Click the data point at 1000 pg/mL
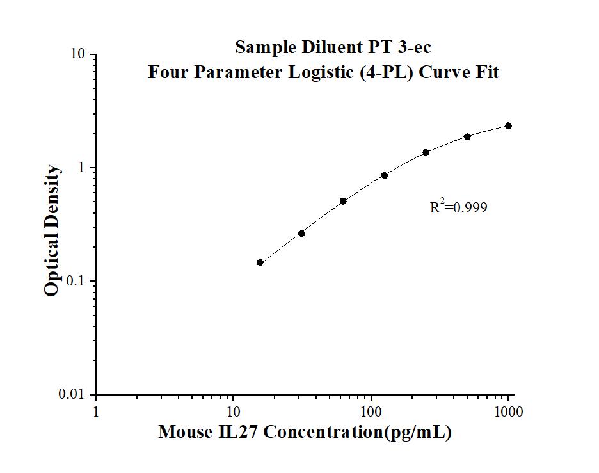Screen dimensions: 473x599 (508, 125)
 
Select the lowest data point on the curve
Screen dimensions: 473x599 (260, 262)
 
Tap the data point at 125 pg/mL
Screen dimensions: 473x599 (384, 175)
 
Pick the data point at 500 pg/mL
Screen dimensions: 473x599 (467, 136)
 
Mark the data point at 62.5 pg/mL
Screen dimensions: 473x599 (343, 201)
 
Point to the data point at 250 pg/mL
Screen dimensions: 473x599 (426, 152)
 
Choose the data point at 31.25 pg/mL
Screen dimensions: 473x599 (301, 234)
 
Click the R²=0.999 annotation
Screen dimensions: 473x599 (458, 207)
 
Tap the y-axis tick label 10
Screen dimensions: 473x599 (79, 54)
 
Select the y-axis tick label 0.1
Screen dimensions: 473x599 (76, 282)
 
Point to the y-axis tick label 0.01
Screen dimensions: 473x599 (73, 395)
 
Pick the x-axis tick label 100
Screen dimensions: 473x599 (371, 412)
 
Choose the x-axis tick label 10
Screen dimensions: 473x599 (233, 412)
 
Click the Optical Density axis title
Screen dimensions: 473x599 (52, 230)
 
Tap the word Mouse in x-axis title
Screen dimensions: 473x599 (184, 433)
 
